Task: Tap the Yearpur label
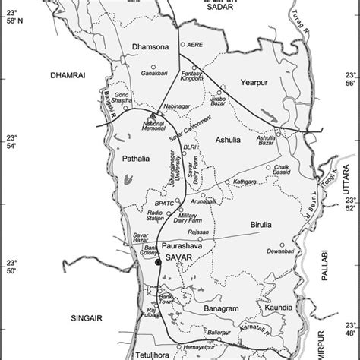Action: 254,86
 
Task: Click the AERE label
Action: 195,45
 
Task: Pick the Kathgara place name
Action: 245,182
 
